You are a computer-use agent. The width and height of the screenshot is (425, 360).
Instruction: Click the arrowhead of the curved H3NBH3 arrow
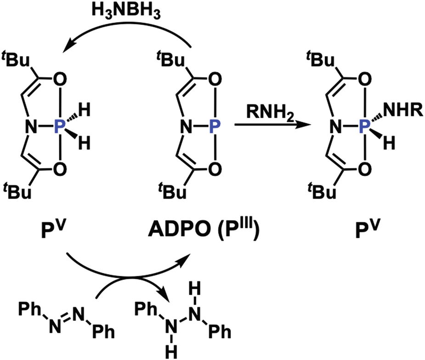coord(69,46)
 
